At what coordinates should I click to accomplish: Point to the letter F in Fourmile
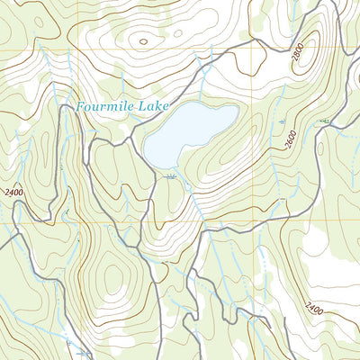coord(80,107)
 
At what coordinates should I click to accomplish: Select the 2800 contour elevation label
coord(299,56)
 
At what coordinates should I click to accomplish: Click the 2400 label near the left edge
coord(14,192)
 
